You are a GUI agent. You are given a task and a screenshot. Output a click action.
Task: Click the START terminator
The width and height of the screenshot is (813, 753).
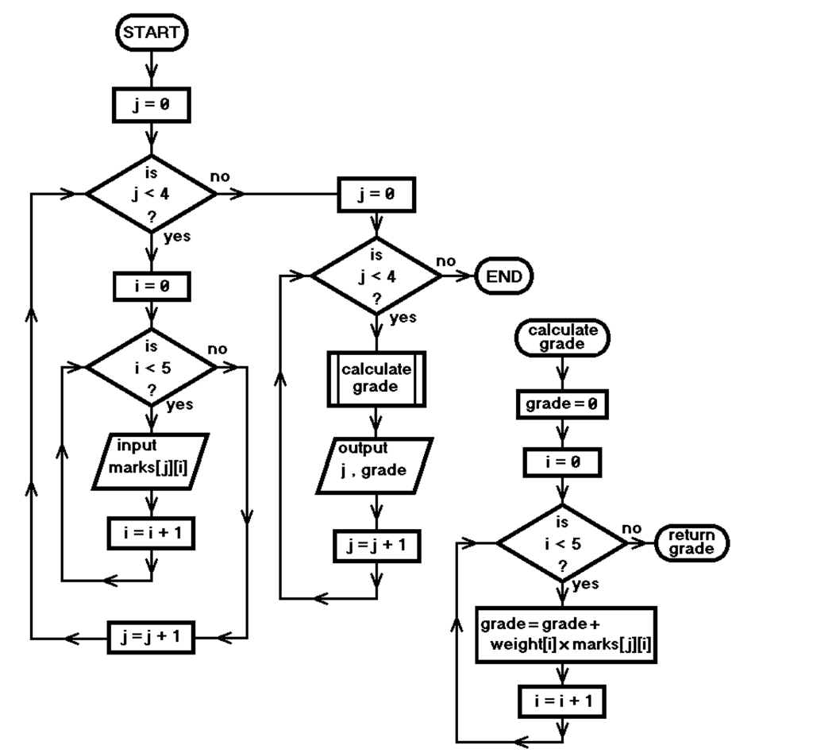151,33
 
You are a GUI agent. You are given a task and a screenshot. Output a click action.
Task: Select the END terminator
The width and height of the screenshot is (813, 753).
504,276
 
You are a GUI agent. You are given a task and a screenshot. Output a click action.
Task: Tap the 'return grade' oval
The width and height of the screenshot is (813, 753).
691,543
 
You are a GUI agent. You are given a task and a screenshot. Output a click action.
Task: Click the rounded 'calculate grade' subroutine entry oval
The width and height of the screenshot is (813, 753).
562,338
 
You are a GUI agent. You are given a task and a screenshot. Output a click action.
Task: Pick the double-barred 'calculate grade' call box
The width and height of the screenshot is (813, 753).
376,379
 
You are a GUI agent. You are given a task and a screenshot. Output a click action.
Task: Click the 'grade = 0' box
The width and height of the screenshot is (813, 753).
562,404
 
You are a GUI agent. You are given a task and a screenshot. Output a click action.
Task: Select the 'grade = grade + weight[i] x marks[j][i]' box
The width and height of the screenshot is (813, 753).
566,635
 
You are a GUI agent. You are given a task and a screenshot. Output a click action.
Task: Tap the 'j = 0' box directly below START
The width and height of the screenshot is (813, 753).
151,106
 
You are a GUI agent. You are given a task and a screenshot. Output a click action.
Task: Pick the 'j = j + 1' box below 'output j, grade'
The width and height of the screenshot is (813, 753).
376,546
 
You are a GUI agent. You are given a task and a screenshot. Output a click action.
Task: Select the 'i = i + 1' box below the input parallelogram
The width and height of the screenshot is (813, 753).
151,533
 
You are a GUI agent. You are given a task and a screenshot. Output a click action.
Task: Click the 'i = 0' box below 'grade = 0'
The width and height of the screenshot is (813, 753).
562,461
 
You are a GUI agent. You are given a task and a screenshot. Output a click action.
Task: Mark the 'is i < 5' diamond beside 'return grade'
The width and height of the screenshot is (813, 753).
562,544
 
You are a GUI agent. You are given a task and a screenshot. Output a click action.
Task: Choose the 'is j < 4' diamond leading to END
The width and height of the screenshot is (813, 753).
376,276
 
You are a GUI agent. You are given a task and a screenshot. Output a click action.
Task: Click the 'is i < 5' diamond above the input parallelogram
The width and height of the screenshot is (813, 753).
151,368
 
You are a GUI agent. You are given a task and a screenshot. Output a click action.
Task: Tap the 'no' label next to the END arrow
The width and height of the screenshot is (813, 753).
446,261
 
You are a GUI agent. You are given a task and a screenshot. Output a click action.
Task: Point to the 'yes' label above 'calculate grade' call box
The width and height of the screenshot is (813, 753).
403,318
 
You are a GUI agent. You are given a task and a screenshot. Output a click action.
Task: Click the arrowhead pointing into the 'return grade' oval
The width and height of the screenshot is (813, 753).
645,543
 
